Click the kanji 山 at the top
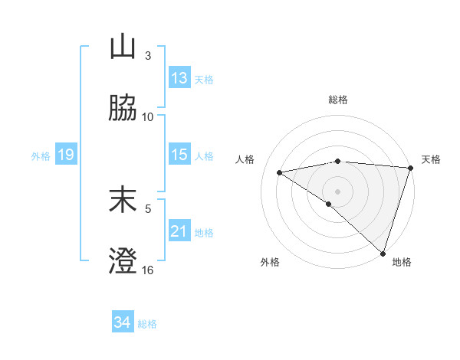(123, 47)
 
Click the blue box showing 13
(179, 78)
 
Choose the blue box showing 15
(179, 155)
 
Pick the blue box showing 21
(179, 231)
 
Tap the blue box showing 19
(65, 155)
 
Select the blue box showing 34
(123, 322)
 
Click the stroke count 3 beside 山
(148, 56)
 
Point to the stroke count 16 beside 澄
(148, 270)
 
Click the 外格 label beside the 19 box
(41, 156)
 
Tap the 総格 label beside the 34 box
(147, 324)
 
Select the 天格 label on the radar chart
(431, 159)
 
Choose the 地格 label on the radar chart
(402, 262)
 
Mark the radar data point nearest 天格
(410, 168)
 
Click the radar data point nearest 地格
(383, 253)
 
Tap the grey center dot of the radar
(337, 191)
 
